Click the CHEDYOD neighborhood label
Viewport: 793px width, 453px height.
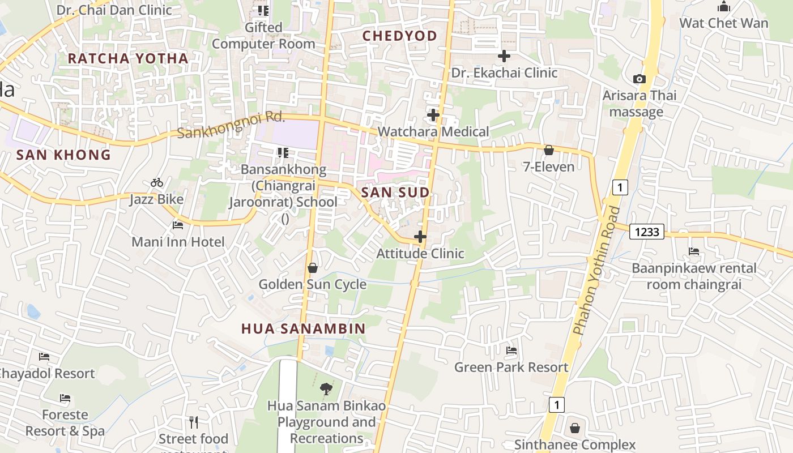400,36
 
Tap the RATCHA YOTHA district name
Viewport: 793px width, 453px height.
128,58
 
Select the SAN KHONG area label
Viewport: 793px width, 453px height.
63,155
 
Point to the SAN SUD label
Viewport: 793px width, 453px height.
395,193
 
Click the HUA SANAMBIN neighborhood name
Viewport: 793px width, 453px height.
304,328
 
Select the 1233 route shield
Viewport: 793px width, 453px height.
646,232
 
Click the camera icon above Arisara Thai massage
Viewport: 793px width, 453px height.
639,79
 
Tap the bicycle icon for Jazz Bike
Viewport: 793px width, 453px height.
157,182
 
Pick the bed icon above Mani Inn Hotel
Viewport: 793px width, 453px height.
178,225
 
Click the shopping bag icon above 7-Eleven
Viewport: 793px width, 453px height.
548,150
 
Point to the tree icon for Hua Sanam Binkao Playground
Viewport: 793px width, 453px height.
326,388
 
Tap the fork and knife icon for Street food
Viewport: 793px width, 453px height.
194,422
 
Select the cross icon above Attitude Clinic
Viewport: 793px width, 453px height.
420,236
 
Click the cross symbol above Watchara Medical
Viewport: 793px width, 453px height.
433,115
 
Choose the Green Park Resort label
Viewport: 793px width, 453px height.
511,367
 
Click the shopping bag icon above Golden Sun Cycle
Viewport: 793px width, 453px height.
312,267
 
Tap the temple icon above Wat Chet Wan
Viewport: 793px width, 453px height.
723,7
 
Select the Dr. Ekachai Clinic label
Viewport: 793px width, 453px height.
504,73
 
